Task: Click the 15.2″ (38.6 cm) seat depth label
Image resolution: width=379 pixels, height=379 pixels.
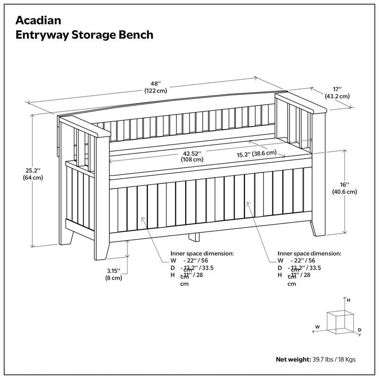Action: coord(256,153)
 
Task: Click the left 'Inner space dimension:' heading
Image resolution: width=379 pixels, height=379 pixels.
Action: coord(202,253)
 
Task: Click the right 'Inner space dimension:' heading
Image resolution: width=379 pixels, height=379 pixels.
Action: coord(309,253)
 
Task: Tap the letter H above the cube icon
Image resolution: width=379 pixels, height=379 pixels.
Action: coord(348,300)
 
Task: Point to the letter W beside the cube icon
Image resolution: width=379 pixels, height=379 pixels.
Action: coord(318,326)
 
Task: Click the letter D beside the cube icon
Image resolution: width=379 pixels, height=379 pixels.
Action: coord(360,330)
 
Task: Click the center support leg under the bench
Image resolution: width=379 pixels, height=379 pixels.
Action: coord(194,237)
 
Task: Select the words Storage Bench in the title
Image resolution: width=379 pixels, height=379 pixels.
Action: coord(119,35)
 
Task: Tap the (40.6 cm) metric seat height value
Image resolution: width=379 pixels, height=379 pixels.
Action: coord(344,192)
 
